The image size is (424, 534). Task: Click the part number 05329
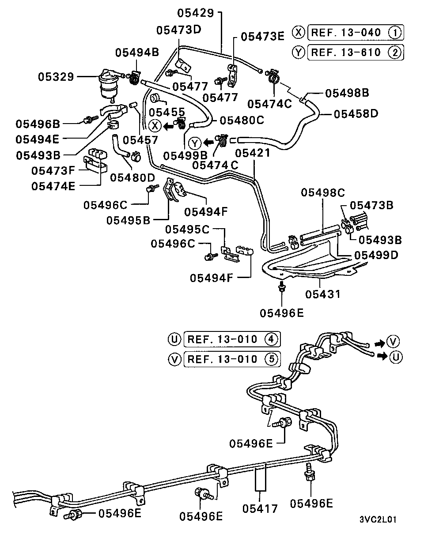pos(56,77)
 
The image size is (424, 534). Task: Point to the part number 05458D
pos(356,113)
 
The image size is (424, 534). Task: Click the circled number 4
pos(272,339)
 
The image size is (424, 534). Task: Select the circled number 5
pos(272,359)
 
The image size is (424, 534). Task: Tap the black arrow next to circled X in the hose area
pos(168,126)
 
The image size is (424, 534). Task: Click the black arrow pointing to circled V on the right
pos(379,342)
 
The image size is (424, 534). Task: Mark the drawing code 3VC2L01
pos(377,519)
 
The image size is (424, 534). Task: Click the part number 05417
pos(260,508)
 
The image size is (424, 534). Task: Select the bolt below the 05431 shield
pos(281,288)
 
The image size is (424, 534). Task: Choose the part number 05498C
pos(323,193)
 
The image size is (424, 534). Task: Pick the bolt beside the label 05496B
pos(92,119)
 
